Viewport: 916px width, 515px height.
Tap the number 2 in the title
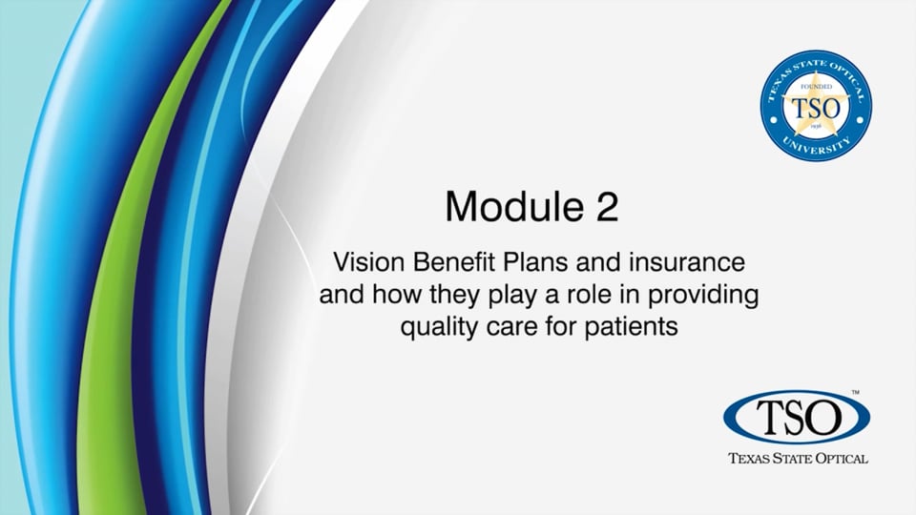coord(607,206)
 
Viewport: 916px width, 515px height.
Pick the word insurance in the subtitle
coord(687,262)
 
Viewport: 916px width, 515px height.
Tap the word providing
coord(703,296)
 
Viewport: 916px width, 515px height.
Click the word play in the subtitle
coord(511,296)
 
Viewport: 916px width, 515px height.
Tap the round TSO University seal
coord(816,106)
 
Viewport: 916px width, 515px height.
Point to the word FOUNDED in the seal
coord(816,87)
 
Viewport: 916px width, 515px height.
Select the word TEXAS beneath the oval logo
coord(750,459)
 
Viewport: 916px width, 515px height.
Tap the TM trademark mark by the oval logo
coord(855,392)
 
